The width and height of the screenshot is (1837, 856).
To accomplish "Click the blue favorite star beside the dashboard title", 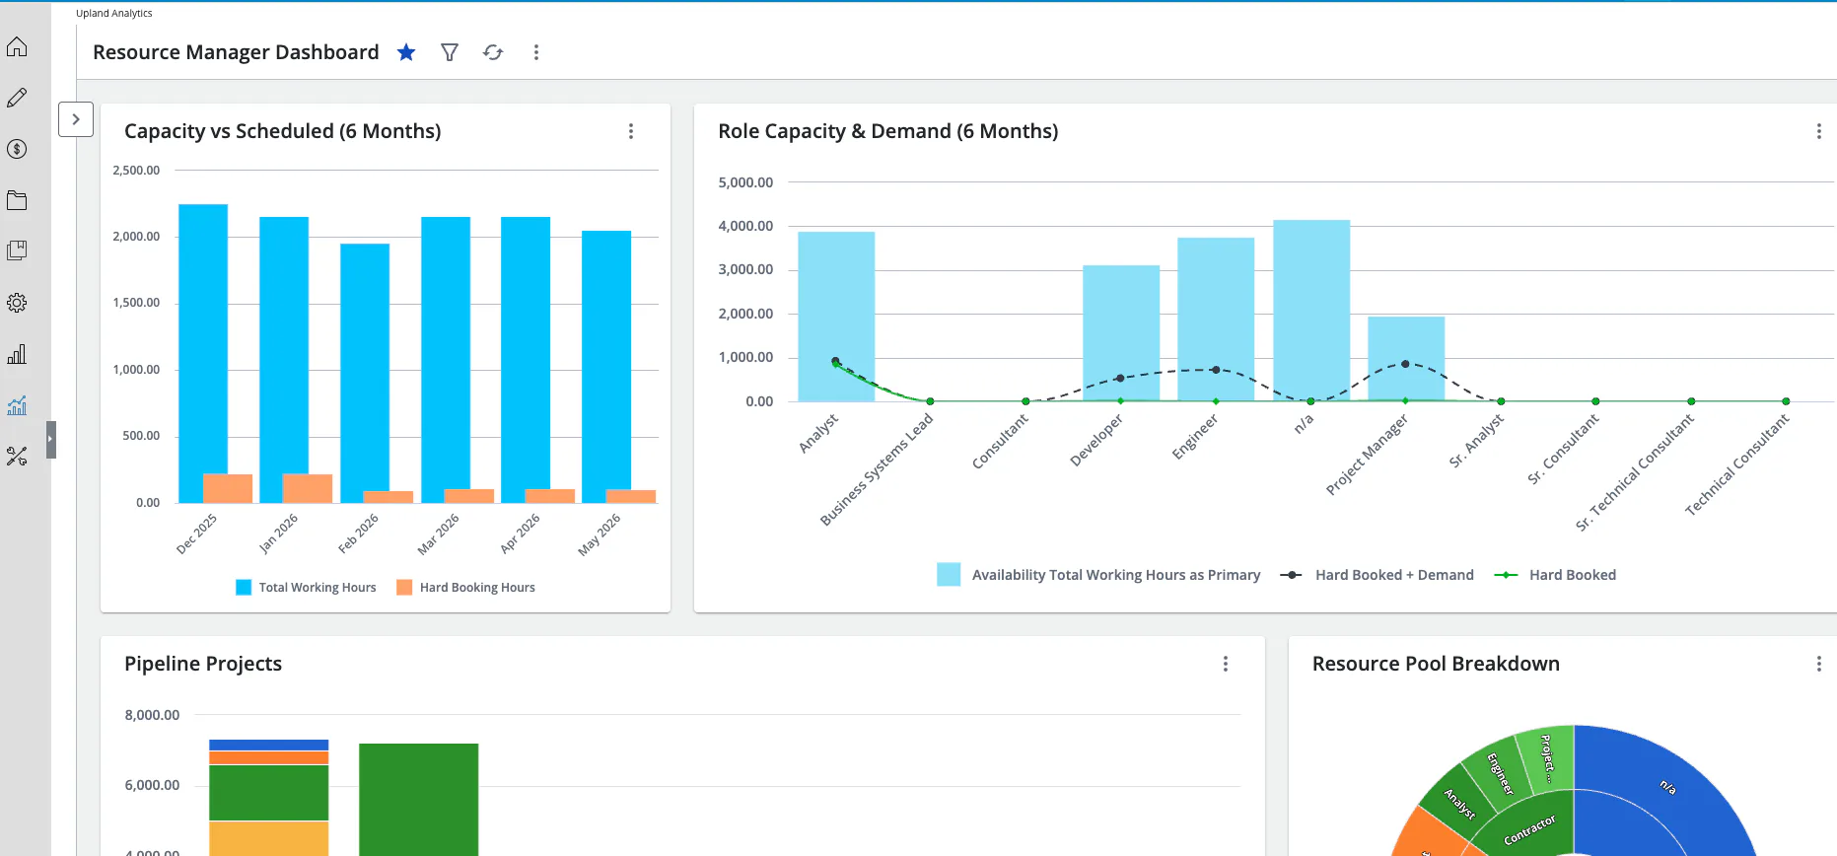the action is tap(406, 52).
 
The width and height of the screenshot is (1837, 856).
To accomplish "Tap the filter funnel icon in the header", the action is tap(450, 52).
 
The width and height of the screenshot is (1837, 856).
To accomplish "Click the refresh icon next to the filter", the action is tap(493, 52).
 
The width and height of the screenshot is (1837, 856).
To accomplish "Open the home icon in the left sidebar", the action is tap(17, 46).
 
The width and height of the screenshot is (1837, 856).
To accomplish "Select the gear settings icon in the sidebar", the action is tap(17, 303).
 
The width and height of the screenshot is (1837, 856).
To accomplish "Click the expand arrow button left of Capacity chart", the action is tap(76, 119).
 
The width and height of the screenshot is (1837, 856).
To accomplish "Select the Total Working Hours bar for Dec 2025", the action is tap(203, 353).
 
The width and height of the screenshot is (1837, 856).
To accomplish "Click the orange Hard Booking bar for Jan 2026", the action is tap(308, 488).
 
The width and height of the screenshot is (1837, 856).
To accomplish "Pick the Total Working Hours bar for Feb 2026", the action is tap(365, 373).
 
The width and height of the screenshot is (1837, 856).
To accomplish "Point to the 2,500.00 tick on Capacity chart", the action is tap(136, 171).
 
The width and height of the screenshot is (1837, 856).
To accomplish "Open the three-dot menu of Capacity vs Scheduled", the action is tap(631, 131).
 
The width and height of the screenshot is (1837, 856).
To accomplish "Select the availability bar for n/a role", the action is tap(1311, 311).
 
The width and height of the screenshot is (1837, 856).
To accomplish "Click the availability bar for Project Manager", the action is tap(1406, 359).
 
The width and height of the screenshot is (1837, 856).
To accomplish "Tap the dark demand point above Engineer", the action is tap(1216, 370).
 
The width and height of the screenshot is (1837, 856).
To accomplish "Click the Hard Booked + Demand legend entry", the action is tap(1377, 575).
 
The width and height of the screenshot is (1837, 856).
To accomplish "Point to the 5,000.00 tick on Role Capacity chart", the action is tap(745, 182).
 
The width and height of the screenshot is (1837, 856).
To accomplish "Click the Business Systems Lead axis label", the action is tap(877, 469).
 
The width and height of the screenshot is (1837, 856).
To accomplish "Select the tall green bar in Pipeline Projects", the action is tap(418, 800).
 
